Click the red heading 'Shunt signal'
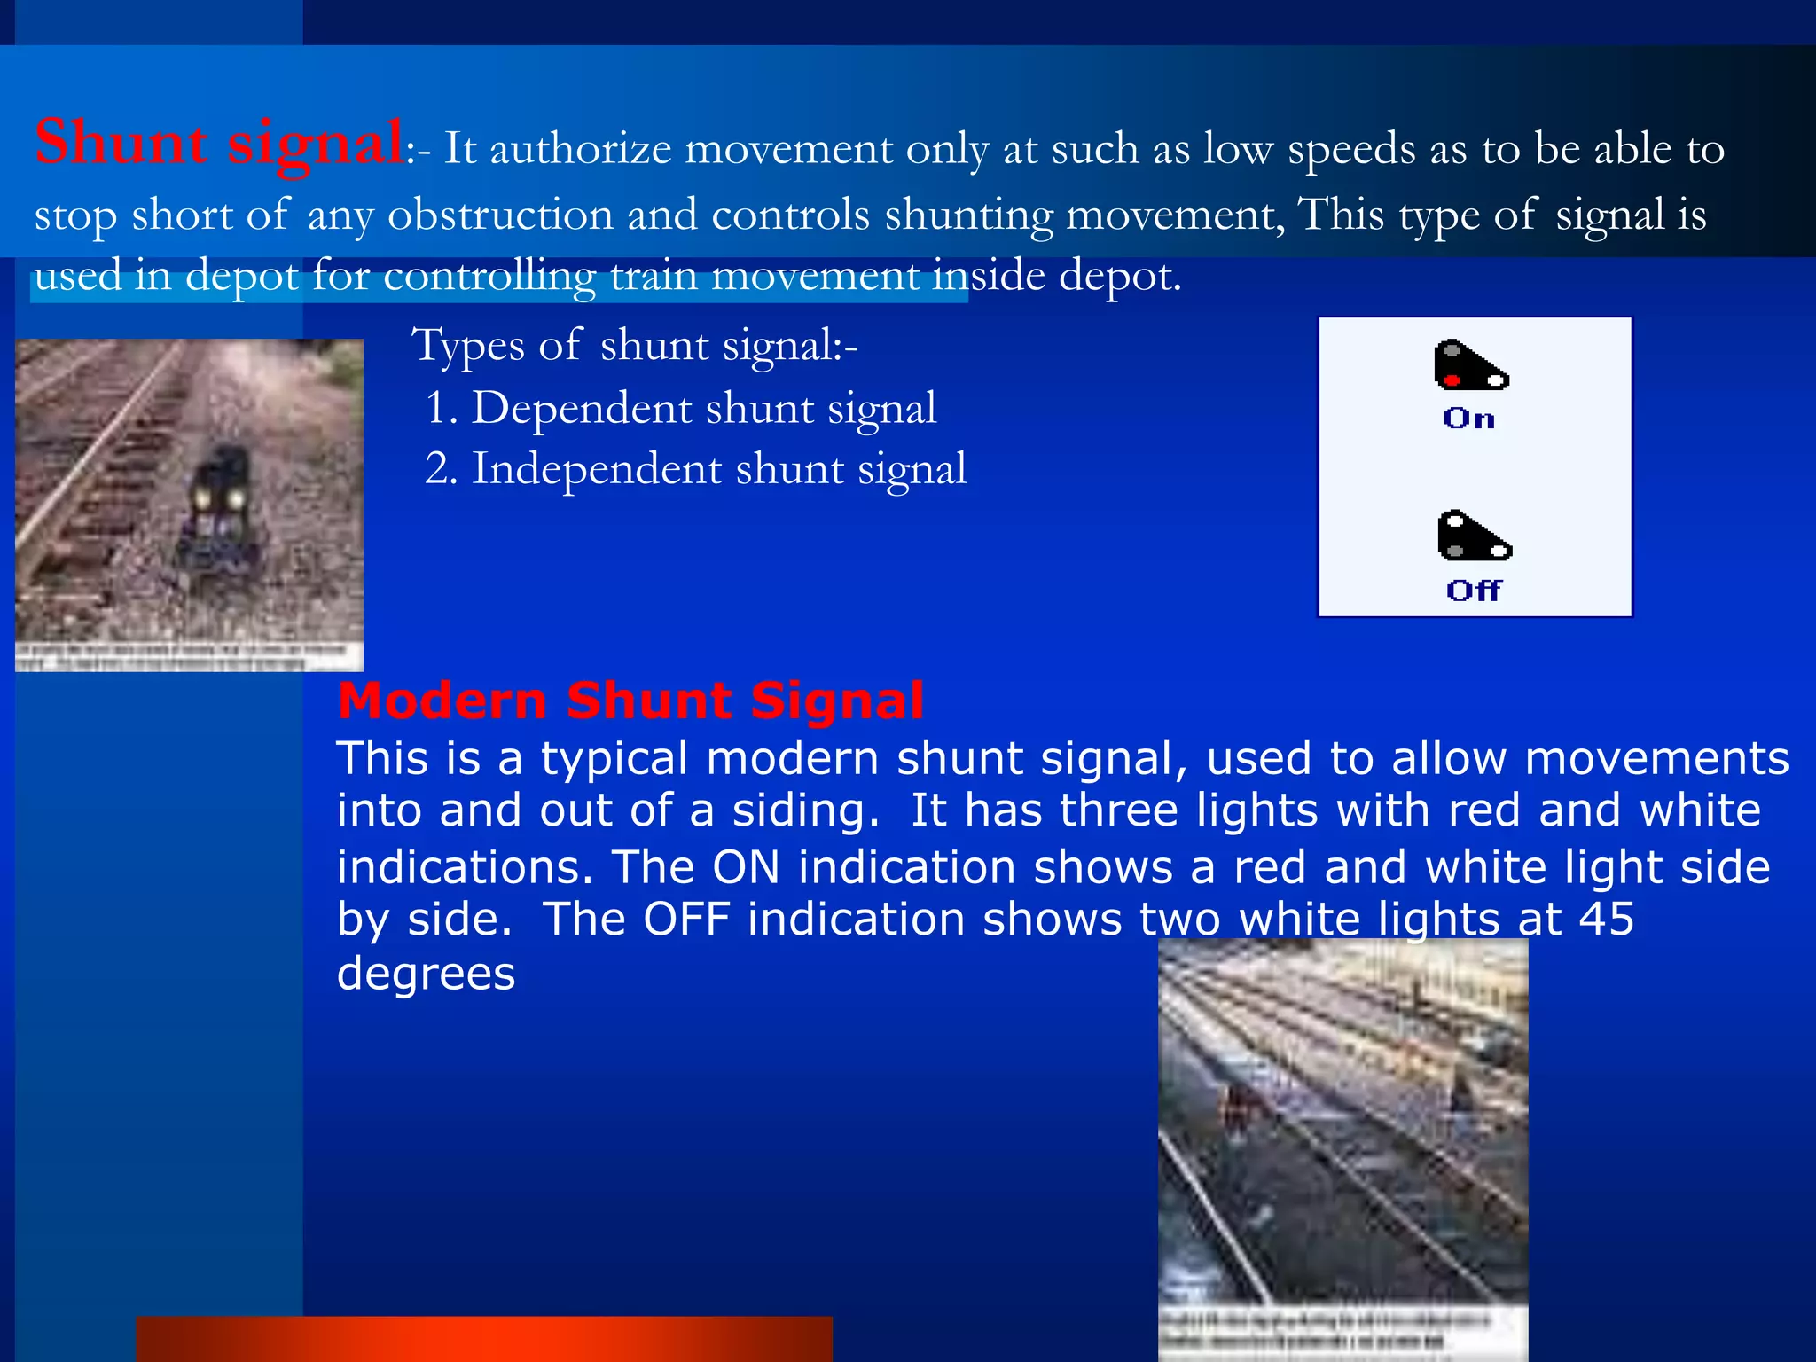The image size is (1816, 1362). (219, 143)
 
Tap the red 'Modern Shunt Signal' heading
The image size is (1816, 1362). (630, 701)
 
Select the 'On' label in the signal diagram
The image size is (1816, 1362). (1468, 419)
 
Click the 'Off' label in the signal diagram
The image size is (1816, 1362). (1474, 590)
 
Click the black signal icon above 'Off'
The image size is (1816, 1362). (1472, 536)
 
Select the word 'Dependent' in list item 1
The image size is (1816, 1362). (581, 409)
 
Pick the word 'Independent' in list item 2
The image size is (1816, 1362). (596, 469)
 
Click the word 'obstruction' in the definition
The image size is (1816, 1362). (500, 215)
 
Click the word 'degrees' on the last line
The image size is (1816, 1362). (426, 974)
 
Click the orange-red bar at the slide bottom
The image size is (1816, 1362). (484, 1339)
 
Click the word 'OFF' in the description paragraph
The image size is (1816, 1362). (685, 920)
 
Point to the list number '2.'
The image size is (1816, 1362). (442, 469)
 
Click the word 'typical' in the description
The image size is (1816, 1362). (614, 760)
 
